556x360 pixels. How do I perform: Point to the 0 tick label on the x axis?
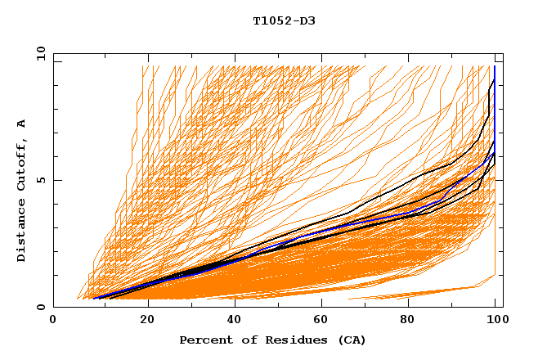point(53,321)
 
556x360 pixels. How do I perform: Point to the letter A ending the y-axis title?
point(21,124)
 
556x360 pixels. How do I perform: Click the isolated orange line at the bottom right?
point(425,292)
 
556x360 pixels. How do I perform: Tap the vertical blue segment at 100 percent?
point(495,106)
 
